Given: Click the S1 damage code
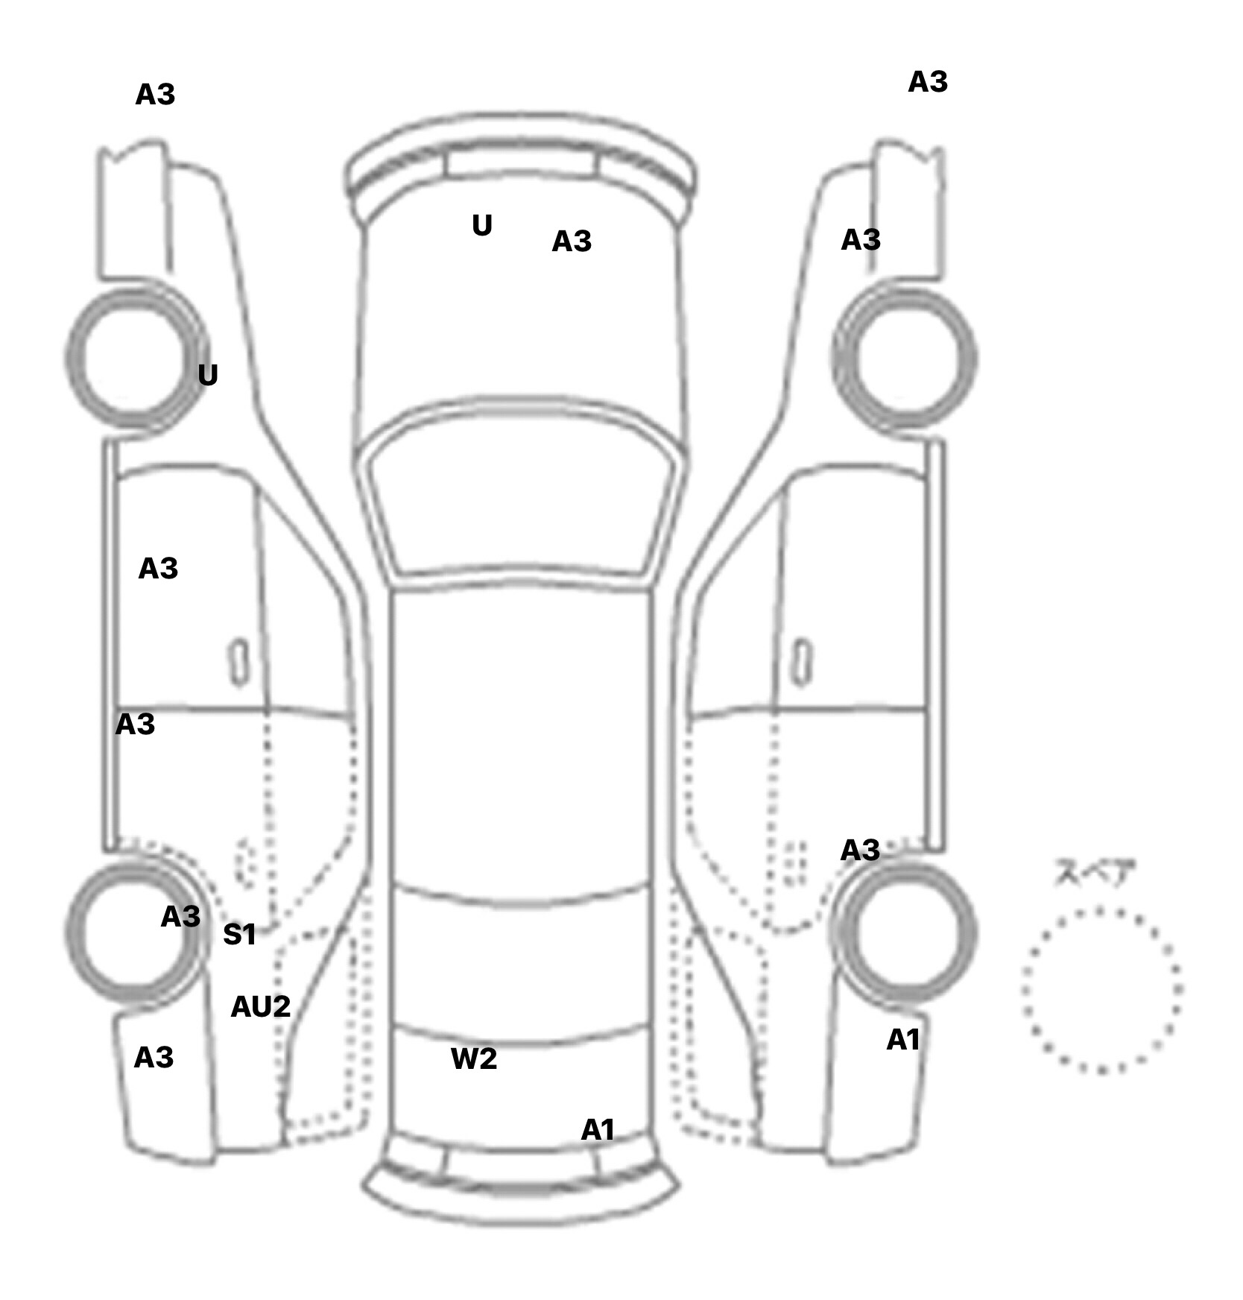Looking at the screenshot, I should pos(239,934).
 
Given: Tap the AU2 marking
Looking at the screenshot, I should pos(260,1006).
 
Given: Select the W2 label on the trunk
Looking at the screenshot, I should pos(473,1058).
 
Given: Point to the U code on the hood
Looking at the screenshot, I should pos(482,225).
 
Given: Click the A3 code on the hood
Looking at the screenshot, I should pos(572,241).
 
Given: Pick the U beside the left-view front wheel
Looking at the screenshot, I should pos(208,374).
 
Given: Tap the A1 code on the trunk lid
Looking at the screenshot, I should pos(598,1130).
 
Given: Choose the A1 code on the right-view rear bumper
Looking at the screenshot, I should pos(903,1040).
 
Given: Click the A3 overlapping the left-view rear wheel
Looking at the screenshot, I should pos(180,916).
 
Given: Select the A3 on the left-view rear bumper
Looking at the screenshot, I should pos(154,1057).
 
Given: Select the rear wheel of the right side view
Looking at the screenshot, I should pos(904,933).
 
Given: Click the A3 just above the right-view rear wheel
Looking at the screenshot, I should pos(860,850).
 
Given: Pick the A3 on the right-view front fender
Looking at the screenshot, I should pos(861,239).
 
